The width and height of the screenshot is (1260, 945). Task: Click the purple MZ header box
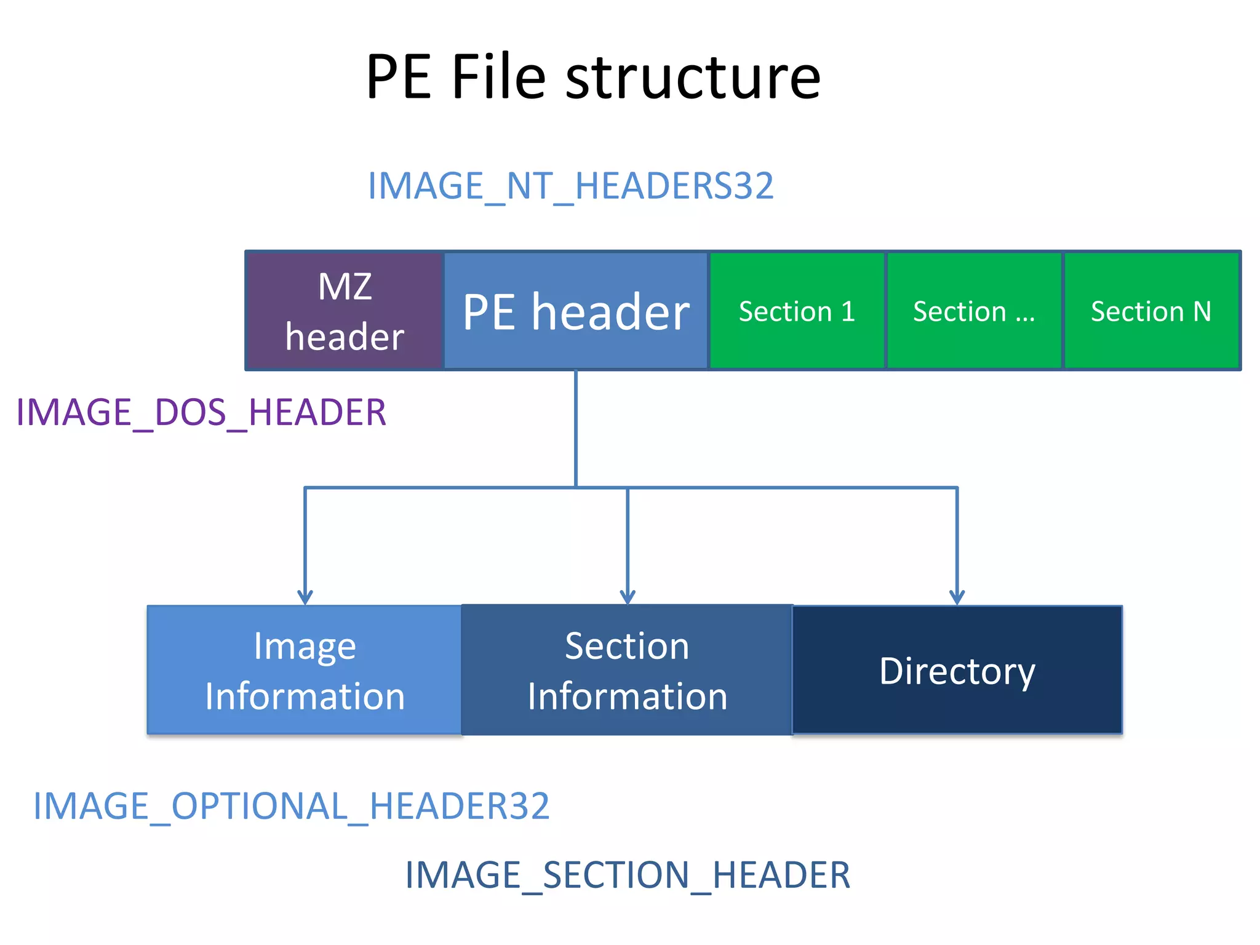(345, 311)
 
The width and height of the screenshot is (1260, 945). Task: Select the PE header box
(576, 311)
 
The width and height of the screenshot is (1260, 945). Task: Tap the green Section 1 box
(797, 311)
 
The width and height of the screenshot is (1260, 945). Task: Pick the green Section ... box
(974, 311)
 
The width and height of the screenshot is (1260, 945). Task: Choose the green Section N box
(1151, 311)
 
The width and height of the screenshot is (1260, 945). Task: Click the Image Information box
(305, 670)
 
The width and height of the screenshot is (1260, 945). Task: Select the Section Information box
(627, 670)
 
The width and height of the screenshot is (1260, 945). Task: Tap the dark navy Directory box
(957, 670)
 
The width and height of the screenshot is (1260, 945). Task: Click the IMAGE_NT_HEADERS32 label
(570, 186)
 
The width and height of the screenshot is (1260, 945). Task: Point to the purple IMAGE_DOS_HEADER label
(201, 412)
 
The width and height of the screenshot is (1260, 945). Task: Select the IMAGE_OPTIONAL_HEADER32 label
(291, 806)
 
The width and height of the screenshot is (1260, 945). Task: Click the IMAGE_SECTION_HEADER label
(628, 875)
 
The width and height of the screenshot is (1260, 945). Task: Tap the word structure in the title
(693, 78)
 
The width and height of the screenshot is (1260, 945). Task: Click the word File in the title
(498, 78)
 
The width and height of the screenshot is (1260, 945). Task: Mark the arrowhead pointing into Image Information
(305, 597)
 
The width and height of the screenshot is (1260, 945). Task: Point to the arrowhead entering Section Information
(628, 597)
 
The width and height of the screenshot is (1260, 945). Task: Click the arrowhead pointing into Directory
(957, 597)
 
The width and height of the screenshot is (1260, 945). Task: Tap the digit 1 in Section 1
(848, 311)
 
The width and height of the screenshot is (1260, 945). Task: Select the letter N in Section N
(1202, 311)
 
